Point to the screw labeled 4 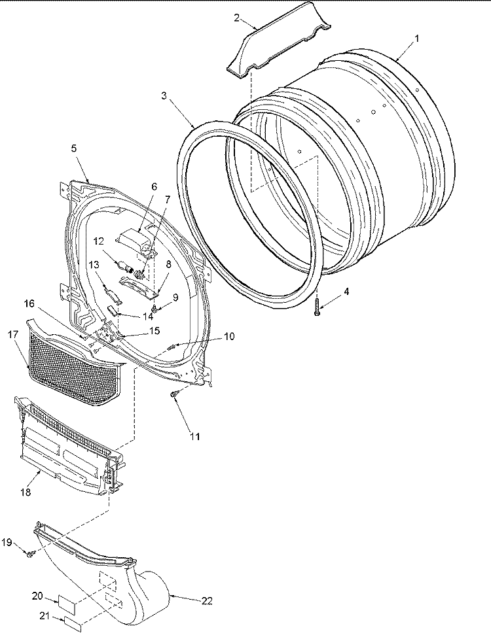click(x=317, y=305)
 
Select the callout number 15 click(x=154, y=331)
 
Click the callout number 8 click(x=168, y=265)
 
